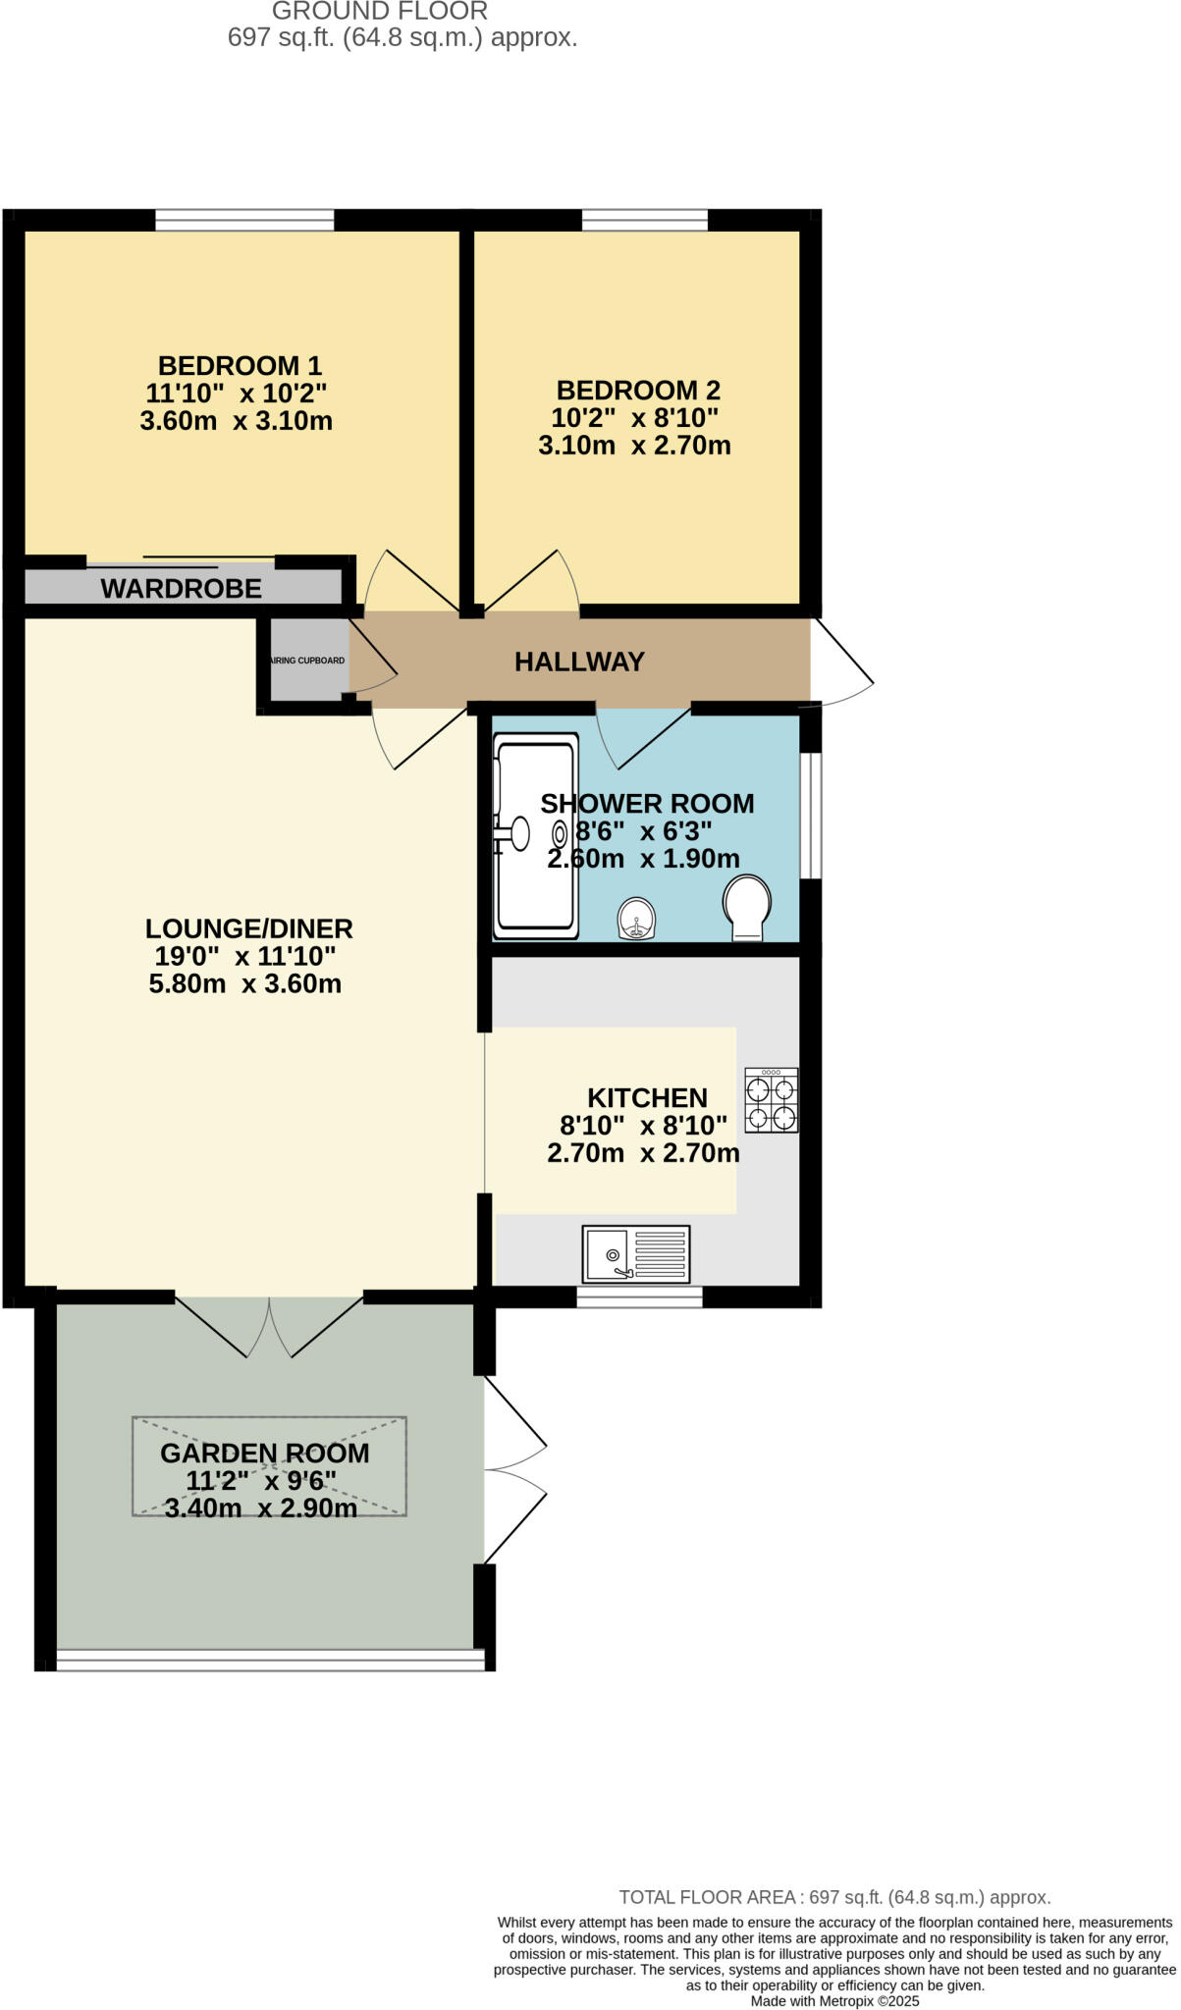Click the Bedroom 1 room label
click(x=240, y=366)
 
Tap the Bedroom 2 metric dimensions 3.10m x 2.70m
click(x=634, y=446)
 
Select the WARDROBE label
click(x=181, y=589)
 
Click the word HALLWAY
click(x=579, y=661)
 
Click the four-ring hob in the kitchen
click(x=771, y=1100)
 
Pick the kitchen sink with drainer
click(x=636, y=1253)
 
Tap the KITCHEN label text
click(x=647, y=1097)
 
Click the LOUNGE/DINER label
click(x=248, y=928)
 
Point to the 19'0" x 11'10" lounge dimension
click(x=245, y=956)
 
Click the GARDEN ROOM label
click(x=265, y=1454)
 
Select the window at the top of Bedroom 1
click(x=244, y=220)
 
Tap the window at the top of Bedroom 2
click(x=645, y=220)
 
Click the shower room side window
click(x=811, y=815)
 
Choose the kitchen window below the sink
click(x=639, y=1297)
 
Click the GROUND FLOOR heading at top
click(x=379, y=12)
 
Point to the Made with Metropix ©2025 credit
click(x=834, y=2001)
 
